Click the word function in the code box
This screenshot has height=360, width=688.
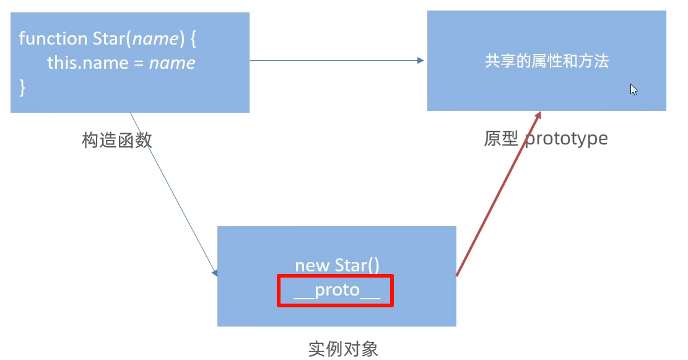(53, 38)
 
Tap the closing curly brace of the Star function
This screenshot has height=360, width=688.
(23, 87)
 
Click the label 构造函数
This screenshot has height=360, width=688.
(116, 140)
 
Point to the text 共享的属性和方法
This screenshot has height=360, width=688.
(547, 61)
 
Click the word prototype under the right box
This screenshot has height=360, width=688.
(566, 138)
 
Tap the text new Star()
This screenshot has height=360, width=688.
(337, 266)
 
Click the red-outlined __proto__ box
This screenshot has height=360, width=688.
(335, 291)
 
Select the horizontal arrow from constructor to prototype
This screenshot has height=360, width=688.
(334, 60)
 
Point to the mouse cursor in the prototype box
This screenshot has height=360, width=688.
(633, 89)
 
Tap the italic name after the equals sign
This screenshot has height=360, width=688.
(172, 63)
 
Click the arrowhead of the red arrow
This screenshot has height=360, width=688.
(539, 115)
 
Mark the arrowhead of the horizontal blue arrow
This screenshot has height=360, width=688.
(421, 60)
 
